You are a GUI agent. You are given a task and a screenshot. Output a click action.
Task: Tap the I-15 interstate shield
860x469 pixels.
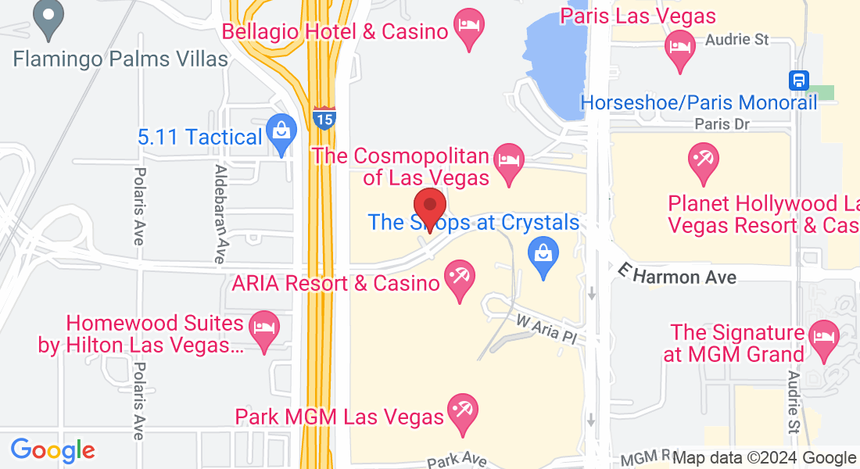point(324,118)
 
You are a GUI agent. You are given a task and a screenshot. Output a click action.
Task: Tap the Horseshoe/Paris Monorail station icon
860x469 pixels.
point(798,80)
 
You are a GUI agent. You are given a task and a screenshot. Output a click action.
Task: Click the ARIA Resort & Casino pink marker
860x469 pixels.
point(458,279)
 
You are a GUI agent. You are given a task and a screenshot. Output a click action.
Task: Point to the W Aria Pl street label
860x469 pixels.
point(546,328)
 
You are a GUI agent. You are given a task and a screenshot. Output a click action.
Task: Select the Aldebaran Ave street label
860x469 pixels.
point(222,213)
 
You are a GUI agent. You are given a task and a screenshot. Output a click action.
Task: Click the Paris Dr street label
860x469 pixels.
point(722,124)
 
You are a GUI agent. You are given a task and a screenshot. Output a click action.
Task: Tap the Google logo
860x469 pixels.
point(52,450)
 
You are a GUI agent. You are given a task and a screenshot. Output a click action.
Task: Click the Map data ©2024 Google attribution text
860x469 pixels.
point(764,458)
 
